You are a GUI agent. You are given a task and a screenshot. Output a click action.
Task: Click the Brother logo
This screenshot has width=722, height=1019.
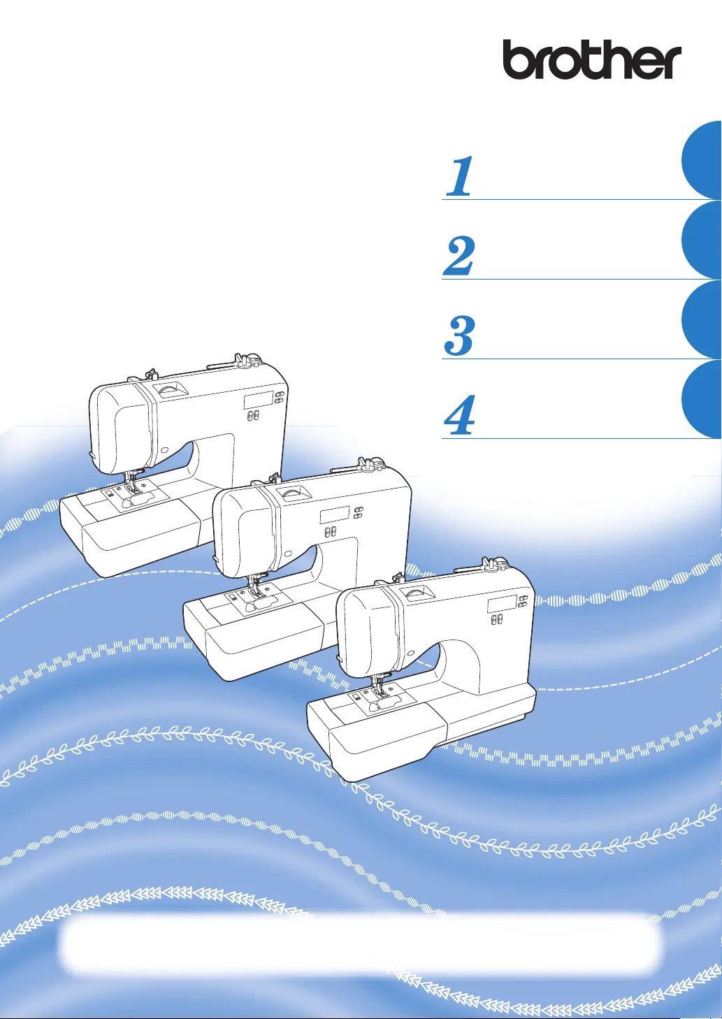(592, 59)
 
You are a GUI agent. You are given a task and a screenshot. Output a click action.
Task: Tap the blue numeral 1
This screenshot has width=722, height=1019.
(460, 177)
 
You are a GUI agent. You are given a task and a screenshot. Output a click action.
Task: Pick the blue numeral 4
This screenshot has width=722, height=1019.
(459, 415)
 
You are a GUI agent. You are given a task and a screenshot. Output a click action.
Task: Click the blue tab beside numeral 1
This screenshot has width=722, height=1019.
(702, 160)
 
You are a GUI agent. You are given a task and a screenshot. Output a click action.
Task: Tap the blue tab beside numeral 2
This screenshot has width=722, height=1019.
(702, 240)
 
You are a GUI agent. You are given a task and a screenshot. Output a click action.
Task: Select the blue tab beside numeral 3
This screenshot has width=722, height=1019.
(702, 319)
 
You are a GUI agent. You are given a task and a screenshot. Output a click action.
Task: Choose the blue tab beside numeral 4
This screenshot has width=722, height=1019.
(702, 399)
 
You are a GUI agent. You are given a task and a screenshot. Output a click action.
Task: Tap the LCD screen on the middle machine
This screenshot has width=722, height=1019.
(335, 514)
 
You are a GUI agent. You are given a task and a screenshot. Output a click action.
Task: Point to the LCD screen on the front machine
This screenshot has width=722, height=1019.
(502, 604)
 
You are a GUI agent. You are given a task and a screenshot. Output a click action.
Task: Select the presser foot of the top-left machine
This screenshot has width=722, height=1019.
(133, 486)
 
